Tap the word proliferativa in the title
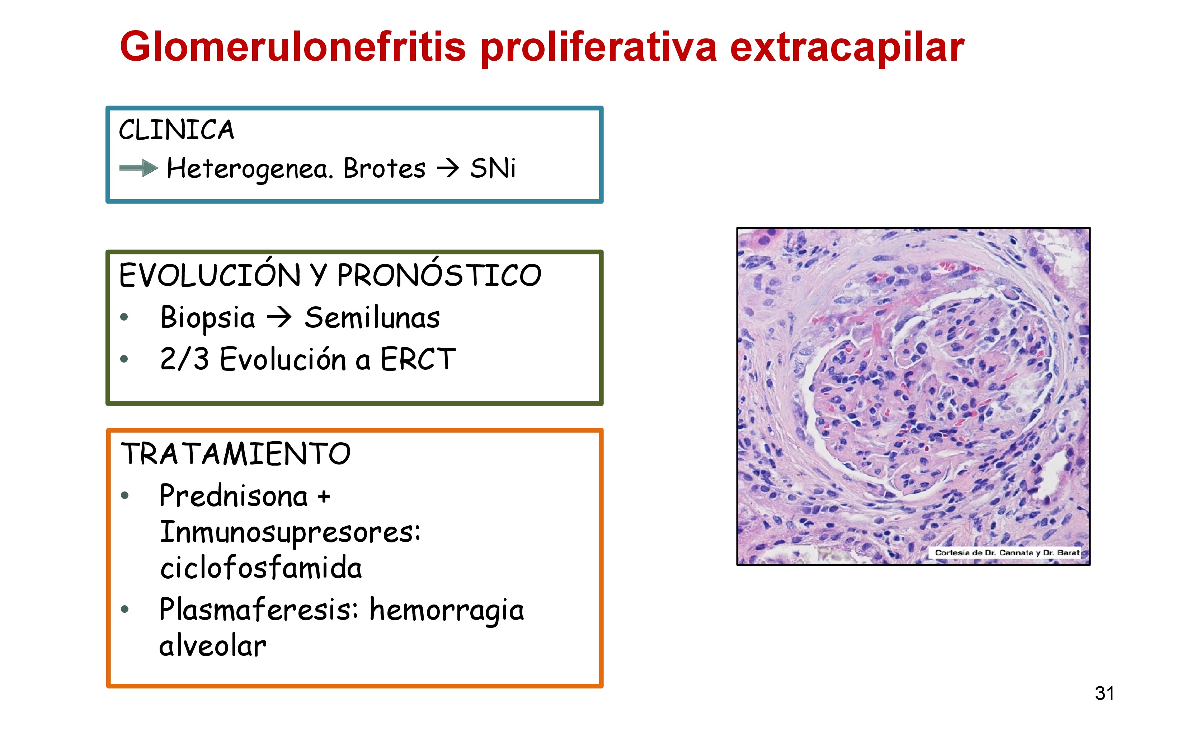tap(598, 48)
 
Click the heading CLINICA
tap(177, 130)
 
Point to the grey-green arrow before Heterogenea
tap(139, 168)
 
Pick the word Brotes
tap(384, 168)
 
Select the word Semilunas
tap(372, 317)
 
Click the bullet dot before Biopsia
tap(124, 317)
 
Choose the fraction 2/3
tap(184, 359)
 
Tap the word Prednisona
tap(234, 496)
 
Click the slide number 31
tap(1104, 694)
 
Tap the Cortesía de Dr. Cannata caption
tap(1007, 552)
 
